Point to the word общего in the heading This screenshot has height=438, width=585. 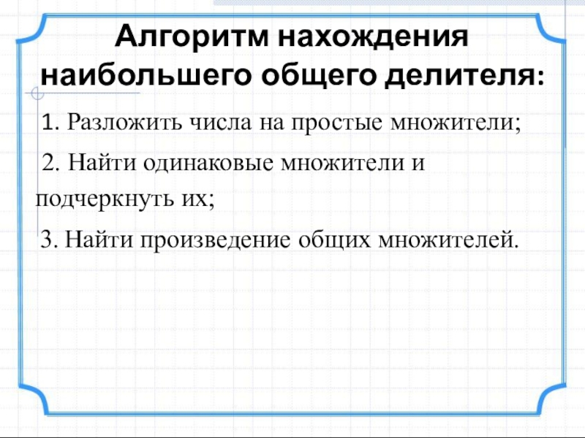coord(308,75)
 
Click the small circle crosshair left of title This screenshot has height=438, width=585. coord(37,93)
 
